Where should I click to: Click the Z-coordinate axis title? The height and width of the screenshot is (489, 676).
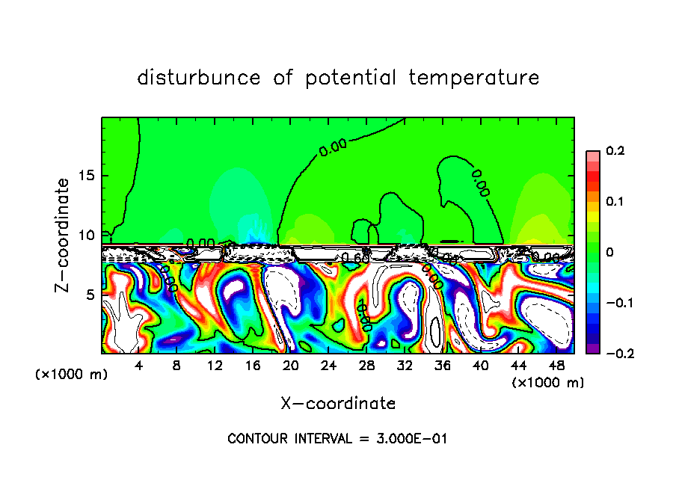[x=64, y=235]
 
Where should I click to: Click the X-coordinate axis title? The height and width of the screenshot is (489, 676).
[x=338, y=404]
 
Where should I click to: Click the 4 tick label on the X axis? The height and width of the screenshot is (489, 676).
[x=139, y=366]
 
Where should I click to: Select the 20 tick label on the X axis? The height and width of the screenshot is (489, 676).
[x=291, y=366]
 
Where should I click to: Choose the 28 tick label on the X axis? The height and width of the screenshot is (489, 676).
[x=366, y=366]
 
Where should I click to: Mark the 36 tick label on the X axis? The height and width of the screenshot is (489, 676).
[x=443, y=366]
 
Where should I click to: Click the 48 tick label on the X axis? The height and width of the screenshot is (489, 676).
[x=556, y=366]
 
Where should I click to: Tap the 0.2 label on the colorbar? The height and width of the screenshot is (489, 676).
[x=615, y=151]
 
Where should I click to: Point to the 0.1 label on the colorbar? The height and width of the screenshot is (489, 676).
[x=615, y=202]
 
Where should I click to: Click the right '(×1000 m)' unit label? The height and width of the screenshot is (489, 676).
[x=548, y=382]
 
